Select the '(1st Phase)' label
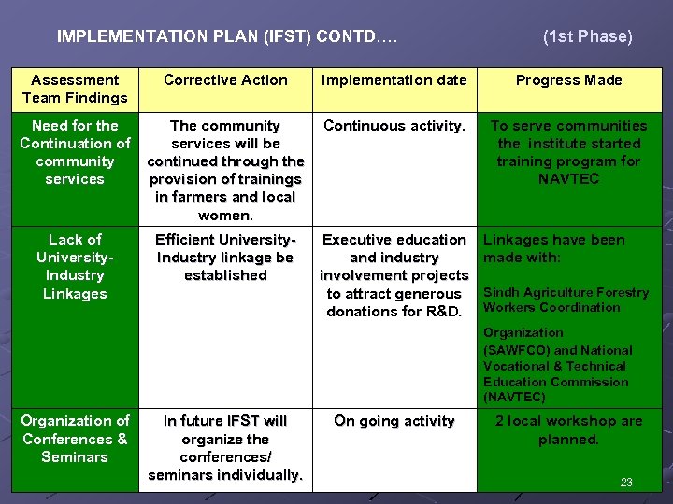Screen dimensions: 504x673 [587, 36]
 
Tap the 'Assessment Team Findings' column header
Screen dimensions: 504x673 [75, 89]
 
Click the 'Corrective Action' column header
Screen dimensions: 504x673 [226, 80]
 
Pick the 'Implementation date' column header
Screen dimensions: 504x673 [394, 80]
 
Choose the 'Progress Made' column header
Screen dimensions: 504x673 [568, 80]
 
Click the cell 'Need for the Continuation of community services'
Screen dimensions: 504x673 [75, 152]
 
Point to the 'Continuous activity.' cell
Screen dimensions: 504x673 [394, 126]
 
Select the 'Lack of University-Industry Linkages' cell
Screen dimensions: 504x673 [75, 266]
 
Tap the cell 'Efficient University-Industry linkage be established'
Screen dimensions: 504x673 [225, 258]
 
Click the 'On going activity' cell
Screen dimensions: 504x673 [394, 421]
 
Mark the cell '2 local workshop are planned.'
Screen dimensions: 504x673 [568, 430]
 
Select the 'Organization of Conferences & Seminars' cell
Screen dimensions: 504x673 [75, 439]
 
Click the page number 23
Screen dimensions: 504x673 [626, 483]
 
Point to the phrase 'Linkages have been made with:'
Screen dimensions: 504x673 [553, 248]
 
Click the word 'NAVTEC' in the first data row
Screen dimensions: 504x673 [568, 179]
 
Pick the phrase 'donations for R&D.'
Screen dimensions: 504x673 [394, 312]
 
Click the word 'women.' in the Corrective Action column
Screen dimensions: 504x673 [225, 215]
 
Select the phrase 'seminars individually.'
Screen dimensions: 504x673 [225, 475]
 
